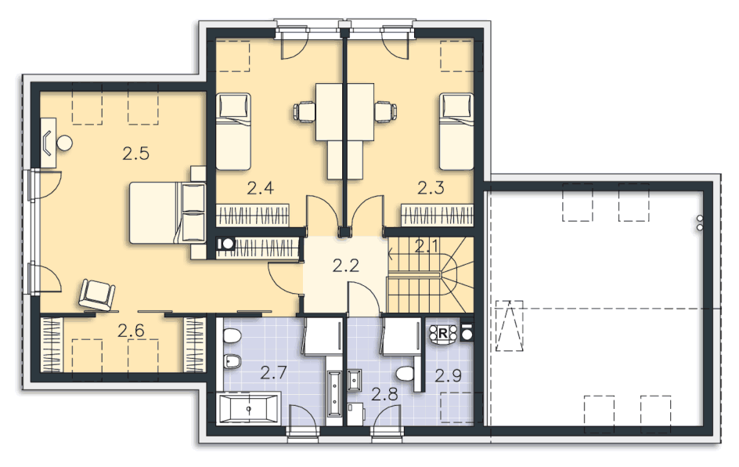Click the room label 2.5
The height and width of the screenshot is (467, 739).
pos(135,154)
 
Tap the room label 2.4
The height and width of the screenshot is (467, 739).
pos(260,188)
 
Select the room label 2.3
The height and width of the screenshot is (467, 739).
pos(431,188)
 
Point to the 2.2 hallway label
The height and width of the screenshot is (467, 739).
pos(345,266)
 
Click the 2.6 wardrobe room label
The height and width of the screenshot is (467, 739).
pos(131,330)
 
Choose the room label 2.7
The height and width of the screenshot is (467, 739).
pos(273,373)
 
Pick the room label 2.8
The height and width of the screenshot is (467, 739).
pos(384,394)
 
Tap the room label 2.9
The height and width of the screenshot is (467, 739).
pos(448,376)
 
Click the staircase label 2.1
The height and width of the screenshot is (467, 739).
pos(427,246)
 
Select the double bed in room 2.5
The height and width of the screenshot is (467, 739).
pos(168,213)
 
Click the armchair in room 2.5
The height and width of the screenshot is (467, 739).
pos(97,295)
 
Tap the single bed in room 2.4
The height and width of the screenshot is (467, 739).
pos(233,131)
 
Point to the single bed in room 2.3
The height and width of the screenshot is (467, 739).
pos(456,131)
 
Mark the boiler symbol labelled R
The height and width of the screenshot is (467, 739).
pos(443,334)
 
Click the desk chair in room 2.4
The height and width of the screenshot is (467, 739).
pos(305,112)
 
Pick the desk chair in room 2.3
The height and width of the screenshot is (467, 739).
pos(385,112)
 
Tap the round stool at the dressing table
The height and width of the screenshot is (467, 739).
pos(64,143)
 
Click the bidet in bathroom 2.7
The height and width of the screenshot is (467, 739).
pos(233,362)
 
